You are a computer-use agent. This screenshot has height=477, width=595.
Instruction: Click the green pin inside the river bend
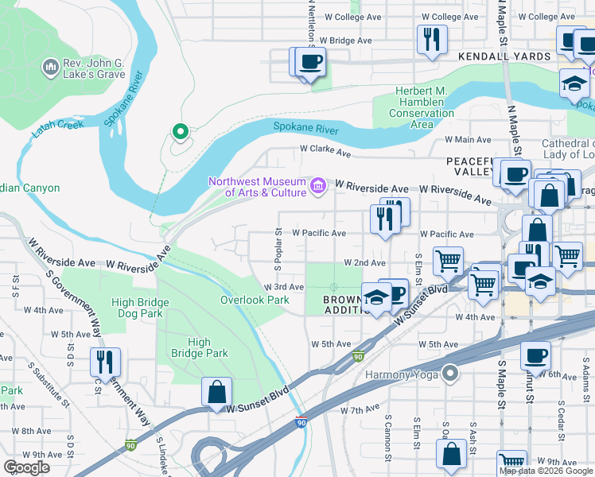(181, 132)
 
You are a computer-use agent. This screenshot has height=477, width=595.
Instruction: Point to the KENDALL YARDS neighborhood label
(504, 56)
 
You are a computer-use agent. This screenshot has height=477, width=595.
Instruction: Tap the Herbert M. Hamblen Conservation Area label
(422, 107)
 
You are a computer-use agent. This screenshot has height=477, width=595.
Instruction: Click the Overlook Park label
(255, 300)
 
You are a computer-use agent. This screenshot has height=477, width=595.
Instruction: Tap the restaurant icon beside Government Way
(105, 361)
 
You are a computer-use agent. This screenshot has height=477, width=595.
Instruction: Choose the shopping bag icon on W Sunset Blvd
(216, 391)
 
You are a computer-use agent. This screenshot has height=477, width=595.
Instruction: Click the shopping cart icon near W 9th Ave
(511, 463)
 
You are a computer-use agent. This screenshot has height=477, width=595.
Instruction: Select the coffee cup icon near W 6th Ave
(536, 355)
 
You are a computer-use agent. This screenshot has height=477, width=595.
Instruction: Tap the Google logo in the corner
(27, 467)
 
